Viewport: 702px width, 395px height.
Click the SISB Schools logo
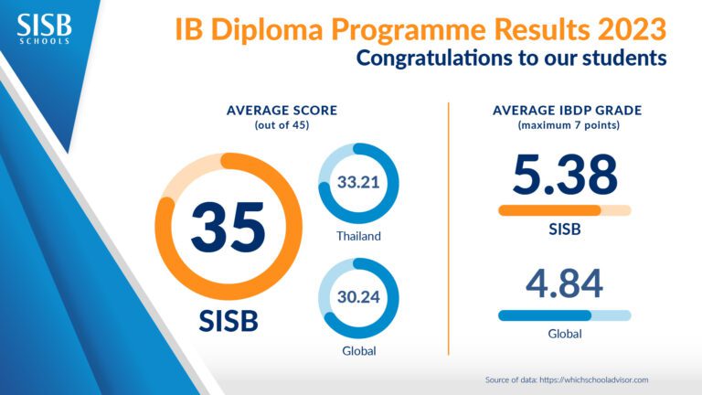click(x=43, y=27)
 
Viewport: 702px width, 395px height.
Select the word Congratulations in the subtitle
click(x=436, y=58)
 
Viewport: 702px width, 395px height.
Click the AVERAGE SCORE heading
click(x=282, y=111)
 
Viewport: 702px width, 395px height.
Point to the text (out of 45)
click(x=282, y=124)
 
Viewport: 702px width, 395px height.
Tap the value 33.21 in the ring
click(x=357, y=182)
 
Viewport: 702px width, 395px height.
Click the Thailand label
click(x=357, y=236)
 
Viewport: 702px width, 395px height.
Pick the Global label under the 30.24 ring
click(x=357, y=350)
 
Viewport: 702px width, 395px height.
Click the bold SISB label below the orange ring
click(x=229, y=321)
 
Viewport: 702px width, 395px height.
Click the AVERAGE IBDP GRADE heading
click(x=566, y=111)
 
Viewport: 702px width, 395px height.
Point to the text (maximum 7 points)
click(x=566, y=124)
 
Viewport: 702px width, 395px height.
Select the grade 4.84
click(x=565, y=283)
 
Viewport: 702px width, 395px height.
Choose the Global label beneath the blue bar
click(x=565, y=334)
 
